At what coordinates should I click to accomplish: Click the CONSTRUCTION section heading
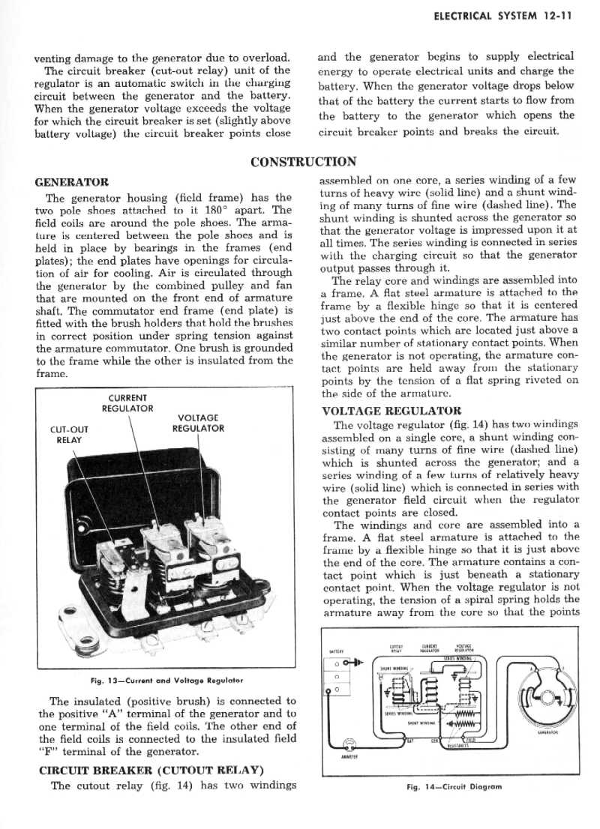(x=303, y=161)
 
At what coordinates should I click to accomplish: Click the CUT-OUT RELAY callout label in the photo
(x=68, y=435)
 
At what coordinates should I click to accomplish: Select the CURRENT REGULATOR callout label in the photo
(x=127, y=403)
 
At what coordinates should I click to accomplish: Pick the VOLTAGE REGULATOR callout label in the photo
(x=198, y=423)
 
